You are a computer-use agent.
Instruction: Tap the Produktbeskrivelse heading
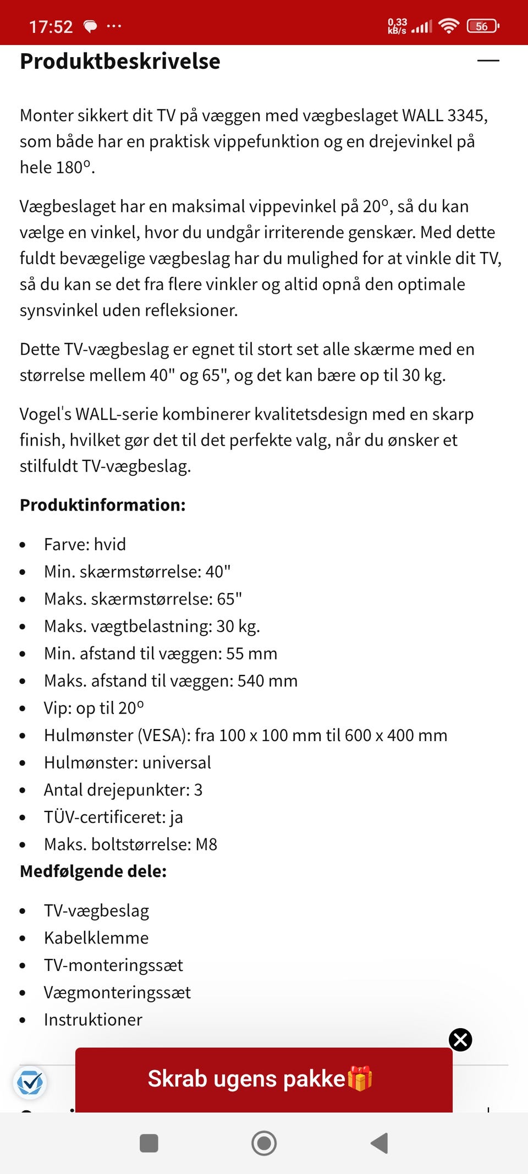120,62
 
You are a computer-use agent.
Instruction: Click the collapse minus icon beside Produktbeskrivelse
488,61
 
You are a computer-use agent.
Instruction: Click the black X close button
460,1040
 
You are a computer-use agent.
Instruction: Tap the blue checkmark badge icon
30,1083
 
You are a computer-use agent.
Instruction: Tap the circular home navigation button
264,1143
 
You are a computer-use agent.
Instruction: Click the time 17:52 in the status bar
51,26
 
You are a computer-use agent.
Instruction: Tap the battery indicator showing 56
482,26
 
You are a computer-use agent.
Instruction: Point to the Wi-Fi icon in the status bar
449,26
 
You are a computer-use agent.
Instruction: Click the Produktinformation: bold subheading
103,505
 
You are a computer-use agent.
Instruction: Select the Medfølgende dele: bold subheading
94,871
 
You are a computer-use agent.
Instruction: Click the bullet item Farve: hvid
85,545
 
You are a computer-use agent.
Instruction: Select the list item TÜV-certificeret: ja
113,818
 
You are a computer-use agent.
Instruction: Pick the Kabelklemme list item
96,938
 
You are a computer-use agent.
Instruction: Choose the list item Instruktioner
93,1020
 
